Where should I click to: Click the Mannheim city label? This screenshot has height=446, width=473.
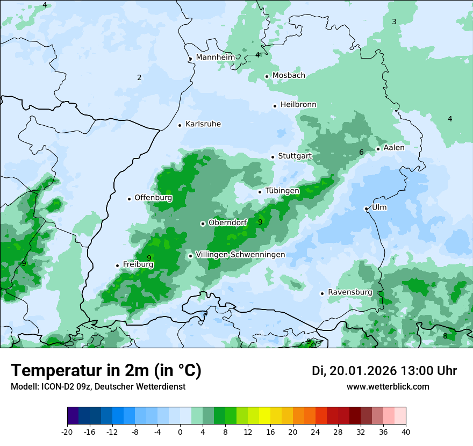215,57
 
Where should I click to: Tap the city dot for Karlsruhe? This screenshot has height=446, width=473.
180,125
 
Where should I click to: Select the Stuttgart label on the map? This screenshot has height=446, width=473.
295,156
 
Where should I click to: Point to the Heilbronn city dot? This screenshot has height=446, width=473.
275,106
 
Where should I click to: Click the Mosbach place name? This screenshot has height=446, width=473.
289,76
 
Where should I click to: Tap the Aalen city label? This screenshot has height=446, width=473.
394,148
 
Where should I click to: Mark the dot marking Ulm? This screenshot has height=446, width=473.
366,208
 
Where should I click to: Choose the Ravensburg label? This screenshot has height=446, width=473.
350,292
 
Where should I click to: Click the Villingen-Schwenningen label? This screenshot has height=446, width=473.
240,255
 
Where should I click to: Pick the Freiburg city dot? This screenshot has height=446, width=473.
117,265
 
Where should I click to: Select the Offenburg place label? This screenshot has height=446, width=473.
153,198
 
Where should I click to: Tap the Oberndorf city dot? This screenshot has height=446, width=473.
203,224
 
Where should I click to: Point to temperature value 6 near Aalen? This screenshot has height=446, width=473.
361,153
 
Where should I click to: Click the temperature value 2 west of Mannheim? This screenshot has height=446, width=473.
139,78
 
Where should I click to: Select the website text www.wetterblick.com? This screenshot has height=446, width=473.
388,387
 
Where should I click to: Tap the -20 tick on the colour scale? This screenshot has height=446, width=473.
67,432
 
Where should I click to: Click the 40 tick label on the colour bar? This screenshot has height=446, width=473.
405,432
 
